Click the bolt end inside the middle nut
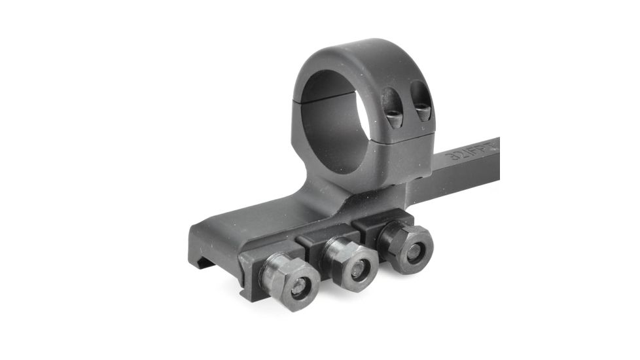[356, 267]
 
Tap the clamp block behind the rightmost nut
[376, 223]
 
